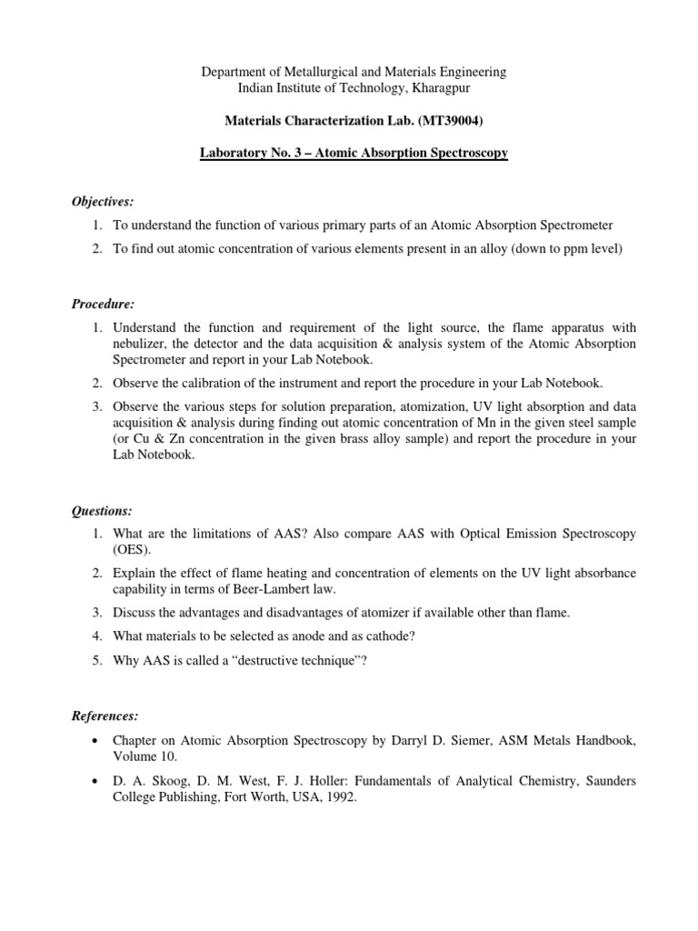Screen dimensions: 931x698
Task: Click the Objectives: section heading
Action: pyautogui.click(x=105, y=200)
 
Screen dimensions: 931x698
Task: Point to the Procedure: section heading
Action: pyautogui.click(x=104, y=302)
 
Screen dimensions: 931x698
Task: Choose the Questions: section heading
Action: pyautogui.click(x=102, y=511)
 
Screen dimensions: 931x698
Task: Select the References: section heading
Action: pyautogui.click(x=106, y=716)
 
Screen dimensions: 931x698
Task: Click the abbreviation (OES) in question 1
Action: pyautogui.click(x=130, y=550)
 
